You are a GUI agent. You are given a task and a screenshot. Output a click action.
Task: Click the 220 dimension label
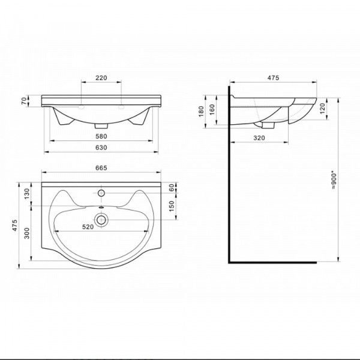[101, 78]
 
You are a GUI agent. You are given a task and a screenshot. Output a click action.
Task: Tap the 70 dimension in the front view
[24, 101]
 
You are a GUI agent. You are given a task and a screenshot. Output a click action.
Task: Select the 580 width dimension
[101, 136]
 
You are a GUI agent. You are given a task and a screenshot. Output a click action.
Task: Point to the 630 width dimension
[101, 148]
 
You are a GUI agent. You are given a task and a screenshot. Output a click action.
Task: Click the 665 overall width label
[101, 168]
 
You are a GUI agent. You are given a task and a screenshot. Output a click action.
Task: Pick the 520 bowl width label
[88, 227]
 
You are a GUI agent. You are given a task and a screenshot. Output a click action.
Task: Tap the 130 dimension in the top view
[27, 194]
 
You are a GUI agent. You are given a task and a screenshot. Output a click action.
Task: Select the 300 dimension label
[27, 233]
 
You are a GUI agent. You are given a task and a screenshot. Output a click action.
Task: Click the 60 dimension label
[172, 188]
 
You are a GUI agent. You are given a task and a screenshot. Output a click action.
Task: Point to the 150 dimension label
[172, 206]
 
